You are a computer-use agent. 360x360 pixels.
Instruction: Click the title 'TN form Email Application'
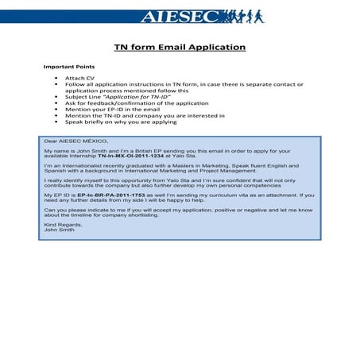point(180,47)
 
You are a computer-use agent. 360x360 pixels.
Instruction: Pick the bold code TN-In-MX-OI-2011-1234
point(140,156)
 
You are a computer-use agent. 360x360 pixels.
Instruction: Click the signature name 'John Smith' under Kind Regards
point(59,230)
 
